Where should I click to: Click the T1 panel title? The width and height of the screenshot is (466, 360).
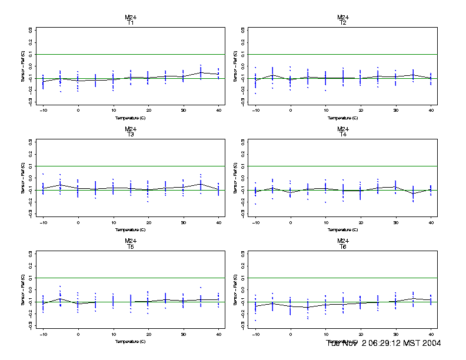tap(131, 23)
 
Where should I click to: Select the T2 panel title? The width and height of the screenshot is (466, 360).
tap(343, 23)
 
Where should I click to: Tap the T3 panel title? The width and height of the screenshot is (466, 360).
tap(131, 135)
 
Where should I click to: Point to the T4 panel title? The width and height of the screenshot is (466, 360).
tap(343, 135)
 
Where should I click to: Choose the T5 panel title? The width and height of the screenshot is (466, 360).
tap(131, 246)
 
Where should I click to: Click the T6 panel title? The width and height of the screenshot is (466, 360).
tap(343, 246)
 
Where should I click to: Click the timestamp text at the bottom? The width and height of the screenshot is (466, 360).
tap(384, 343)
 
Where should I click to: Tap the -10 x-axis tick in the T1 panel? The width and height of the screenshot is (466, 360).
tap(43, 110)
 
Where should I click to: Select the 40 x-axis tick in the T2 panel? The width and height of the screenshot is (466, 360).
tap(431, 110)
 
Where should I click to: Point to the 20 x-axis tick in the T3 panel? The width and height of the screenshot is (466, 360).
tap(148, 222)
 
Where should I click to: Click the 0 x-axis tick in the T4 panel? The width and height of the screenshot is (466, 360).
tap(291, 222)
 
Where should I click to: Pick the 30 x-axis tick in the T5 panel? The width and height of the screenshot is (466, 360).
tap(184, 334)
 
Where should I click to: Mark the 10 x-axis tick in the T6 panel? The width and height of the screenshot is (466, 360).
tap(325, 334)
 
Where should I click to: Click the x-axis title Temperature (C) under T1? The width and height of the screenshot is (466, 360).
tap(131, 118)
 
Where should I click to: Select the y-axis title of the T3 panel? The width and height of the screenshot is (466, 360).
tap(23, 178)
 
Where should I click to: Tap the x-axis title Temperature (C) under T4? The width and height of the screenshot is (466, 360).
tap(343, 229)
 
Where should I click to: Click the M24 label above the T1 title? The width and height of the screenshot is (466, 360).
tap(131, 17)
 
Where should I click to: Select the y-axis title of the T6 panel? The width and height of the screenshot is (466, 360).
tap(235, 290)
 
